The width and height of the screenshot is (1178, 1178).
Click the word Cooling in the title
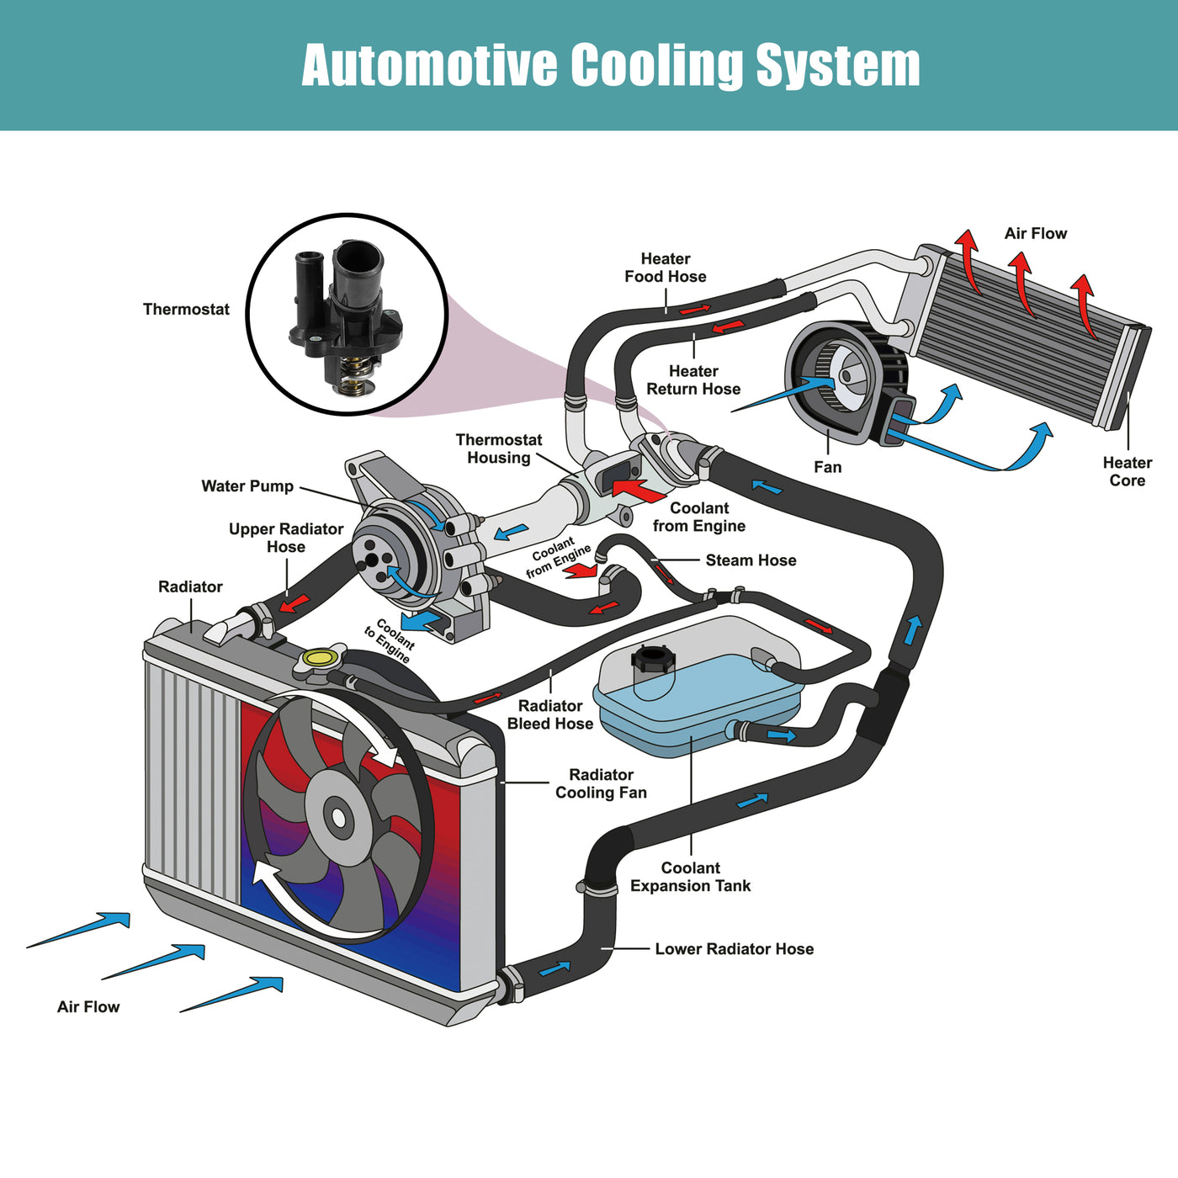[656, 66]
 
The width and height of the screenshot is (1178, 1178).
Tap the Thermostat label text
[186, 310]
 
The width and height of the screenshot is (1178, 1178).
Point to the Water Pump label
[247, 486]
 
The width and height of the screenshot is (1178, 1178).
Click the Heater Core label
[1127, 472]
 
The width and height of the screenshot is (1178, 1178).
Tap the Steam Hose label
[751, 560]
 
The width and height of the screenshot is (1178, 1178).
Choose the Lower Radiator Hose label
[734, 949]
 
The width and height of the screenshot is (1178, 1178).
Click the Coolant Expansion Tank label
[690, 877]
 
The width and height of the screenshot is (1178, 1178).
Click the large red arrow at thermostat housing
[639, 489]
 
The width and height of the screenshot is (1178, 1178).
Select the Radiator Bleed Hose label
[550, 715]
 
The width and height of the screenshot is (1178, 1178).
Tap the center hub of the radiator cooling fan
[338, 817]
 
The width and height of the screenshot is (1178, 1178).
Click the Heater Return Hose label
[693, 380]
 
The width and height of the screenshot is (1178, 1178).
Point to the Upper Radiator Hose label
[286, 538]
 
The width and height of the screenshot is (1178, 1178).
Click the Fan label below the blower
[827, 467]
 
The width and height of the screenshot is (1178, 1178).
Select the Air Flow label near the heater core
[1035, 234]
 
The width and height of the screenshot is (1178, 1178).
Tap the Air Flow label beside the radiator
[88, 1007]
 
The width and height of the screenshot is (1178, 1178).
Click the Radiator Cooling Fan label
[601, 783]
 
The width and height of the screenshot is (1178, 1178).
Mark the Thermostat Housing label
[499, 448]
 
